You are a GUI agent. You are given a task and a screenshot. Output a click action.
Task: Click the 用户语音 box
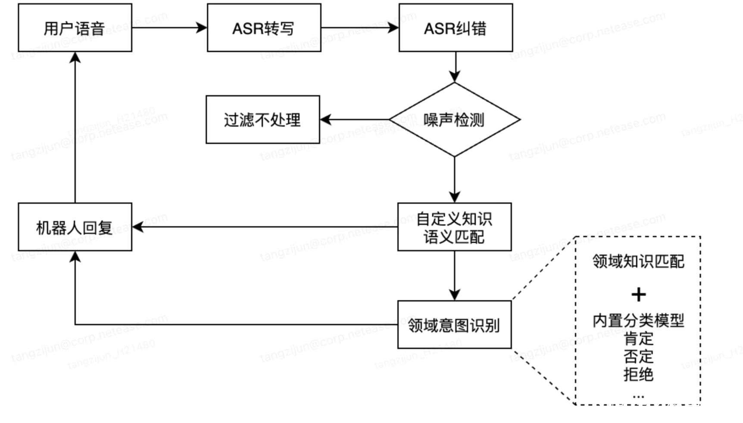pos(75,28)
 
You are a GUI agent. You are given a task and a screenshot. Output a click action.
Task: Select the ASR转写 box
pos(264,28)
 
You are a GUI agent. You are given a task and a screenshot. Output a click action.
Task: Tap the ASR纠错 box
pos(456,28)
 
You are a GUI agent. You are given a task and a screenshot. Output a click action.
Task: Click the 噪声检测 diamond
pos(455,120)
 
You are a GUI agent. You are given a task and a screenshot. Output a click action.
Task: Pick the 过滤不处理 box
pos(262,120)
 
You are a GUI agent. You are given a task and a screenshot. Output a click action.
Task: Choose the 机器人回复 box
pos(75,227)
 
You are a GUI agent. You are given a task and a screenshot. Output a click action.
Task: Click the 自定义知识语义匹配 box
pos(454,227)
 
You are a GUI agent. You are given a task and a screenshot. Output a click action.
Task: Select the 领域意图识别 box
pos(454,325)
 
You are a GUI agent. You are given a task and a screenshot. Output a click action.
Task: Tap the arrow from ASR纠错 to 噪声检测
pos(455,67)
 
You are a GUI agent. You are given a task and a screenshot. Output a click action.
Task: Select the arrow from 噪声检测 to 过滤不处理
pos(355,120)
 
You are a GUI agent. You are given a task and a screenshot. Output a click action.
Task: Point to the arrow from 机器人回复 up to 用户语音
pos(75,128)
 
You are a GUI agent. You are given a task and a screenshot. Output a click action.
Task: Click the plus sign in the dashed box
pos(638,295)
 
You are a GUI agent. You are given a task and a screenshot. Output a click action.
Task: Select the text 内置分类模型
pos(638,320)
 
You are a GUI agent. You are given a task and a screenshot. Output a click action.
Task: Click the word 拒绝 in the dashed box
pos(638,374)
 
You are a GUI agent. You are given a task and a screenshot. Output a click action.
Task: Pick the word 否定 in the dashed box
pos(638,357)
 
